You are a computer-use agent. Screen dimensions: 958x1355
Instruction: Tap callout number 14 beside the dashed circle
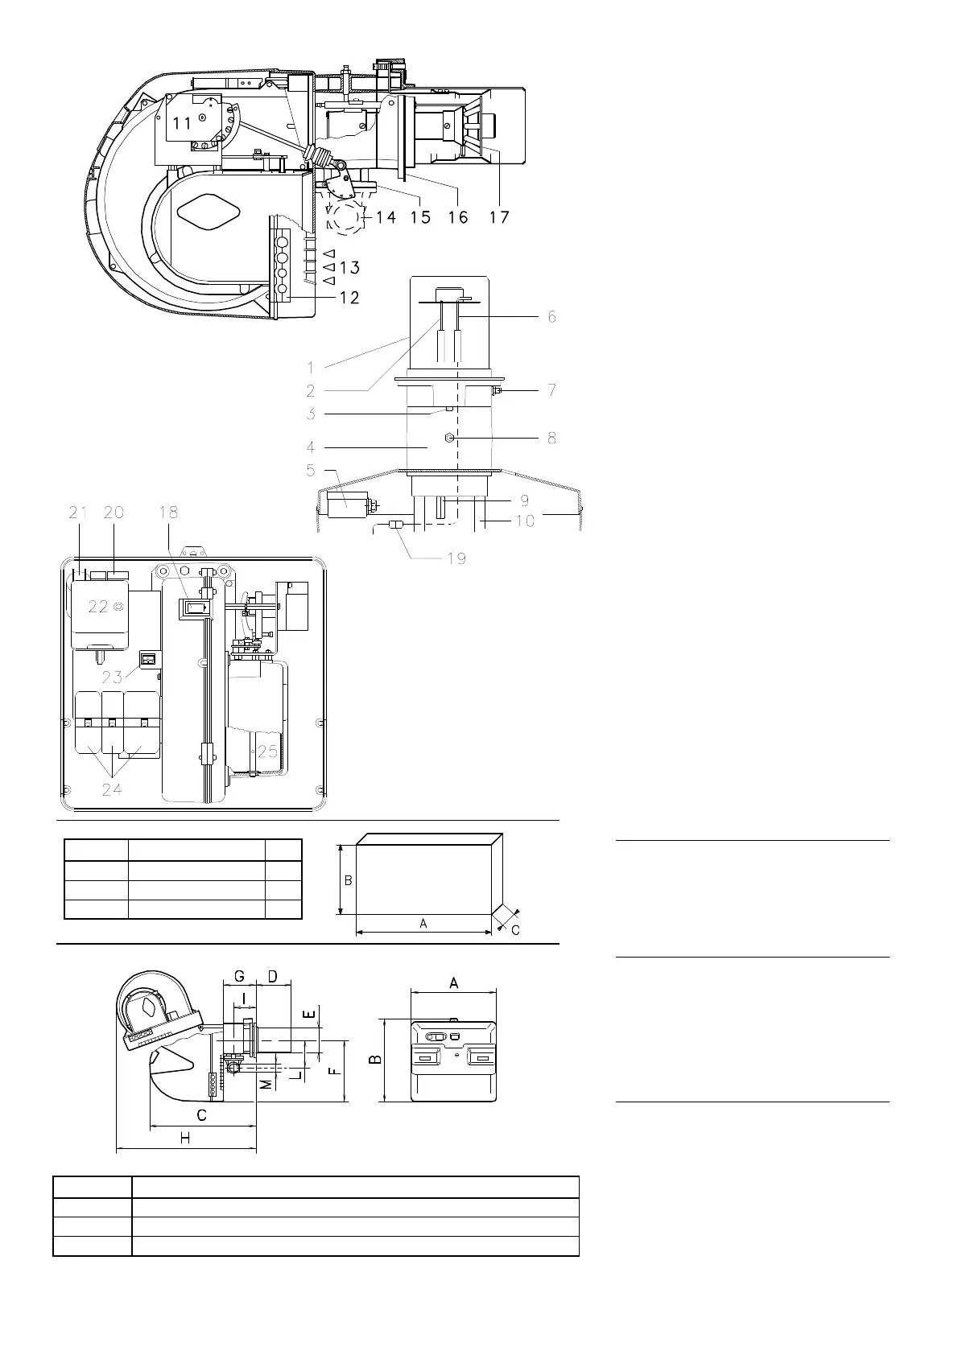pos(386,217)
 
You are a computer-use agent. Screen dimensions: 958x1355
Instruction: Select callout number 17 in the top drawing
pos(499,217)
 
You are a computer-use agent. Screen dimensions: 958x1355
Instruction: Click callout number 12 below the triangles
pos(349,298)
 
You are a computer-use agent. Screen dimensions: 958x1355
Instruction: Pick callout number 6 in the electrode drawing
pos(551,317)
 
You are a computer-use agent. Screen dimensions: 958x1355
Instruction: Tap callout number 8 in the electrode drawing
pos(551,439)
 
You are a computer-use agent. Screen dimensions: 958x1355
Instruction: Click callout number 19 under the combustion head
pos(456,558)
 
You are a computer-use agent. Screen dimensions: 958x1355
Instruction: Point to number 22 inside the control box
pos(97,607)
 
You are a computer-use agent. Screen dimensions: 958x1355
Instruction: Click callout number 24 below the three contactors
pos(112,789)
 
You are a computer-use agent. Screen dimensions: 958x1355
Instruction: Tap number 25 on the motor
pos(267,752)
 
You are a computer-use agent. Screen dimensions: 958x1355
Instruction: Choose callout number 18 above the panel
pos(168,512)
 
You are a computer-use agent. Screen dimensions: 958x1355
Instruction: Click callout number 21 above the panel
pos(77,512)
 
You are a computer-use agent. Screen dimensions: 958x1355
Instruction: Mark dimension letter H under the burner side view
pos(185,1139)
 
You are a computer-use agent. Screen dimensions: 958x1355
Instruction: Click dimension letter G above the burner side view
pos(239,976)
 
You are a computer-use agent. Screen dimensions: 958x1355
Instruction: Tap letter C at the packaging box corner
pos(515,930)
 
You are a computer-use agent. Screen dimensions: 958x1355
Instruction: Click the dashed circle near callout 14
pos(345,216)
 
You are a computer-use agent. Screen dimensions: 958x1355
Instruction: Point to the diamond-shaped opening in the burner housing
pos(209,212)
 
